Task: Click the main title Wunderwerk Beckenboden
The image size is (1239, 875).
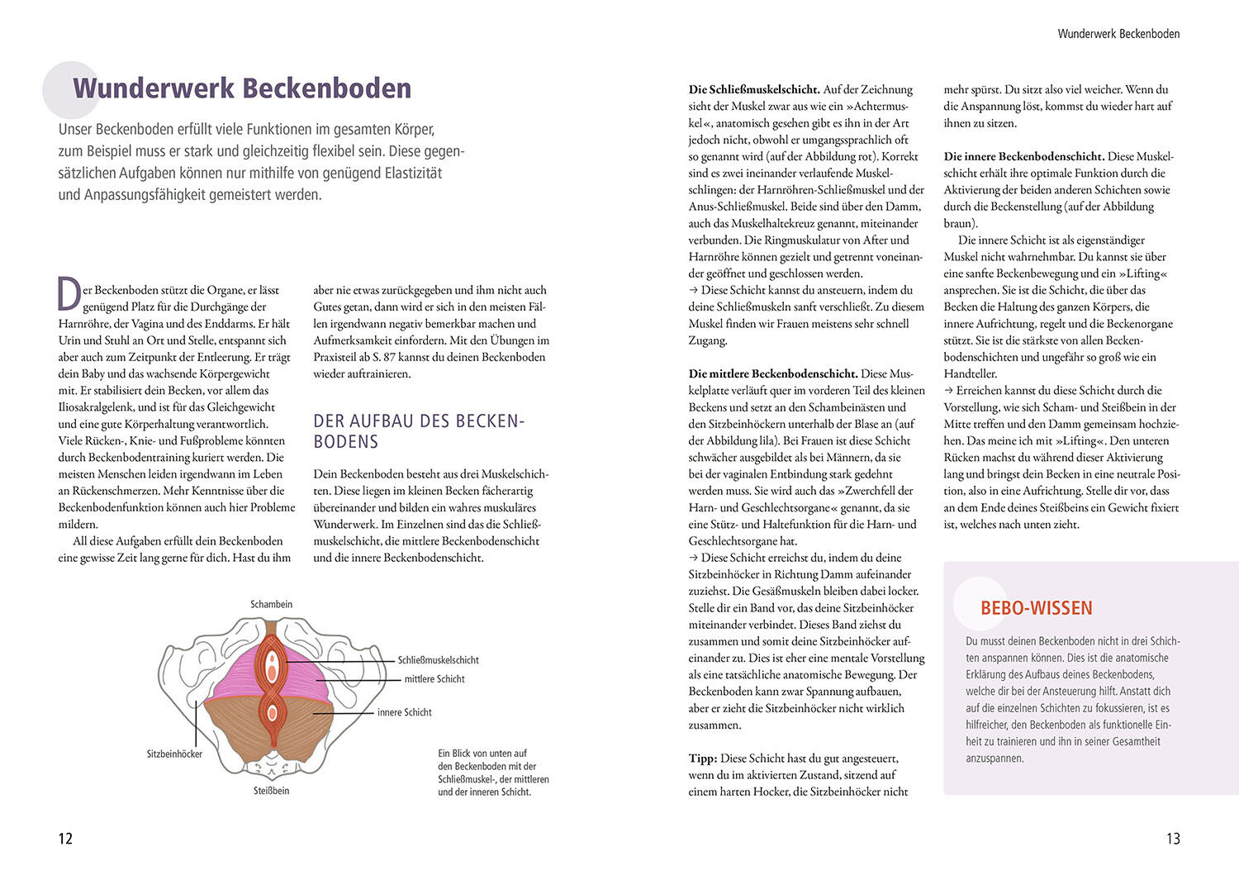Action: [x=242, y=88]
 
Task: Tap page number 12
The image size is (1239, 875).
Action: [x=65, y=839]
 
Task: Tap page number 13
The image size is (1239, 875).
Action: [x=1173, y=839]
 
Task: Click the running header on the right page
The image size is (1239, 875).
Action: [x=1118, y=34]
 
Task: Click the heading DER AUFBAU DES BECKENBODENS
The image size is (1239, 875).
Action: [x=419, y=431]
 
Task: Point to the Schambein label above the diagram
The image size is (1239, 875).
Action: [x=271, y=604]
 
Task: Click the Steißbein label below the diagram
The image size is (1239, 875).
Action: [x=271, y=791]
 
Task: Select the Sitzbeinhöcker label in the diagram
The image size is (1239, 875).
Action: [x=174, y=754]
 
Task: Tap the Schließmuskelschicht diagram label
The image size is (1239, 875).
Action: [x=438, y=660]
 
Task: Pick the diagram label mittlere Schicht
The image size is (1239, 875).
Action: [x=434, y=679]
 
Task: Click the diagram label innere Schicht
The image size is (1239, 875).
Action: [x=404, y=712]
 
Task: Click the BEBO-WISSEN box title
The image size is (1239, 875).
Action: [x=1036, y=608]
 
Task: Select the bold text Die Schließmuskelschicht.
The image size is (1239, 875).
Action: [x=754, y=89]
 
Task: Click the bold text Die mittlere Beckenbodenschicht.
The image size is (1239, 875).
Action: [x=773, y=373]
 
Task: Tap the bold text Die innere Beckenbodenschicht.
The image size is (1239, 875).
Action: [x=1023, y=156]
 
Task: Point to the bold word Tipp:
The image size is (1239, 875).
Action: [x=703, y=758]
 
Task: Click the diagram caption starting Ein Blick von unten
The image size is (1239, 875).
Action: [x=493, y=773]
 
